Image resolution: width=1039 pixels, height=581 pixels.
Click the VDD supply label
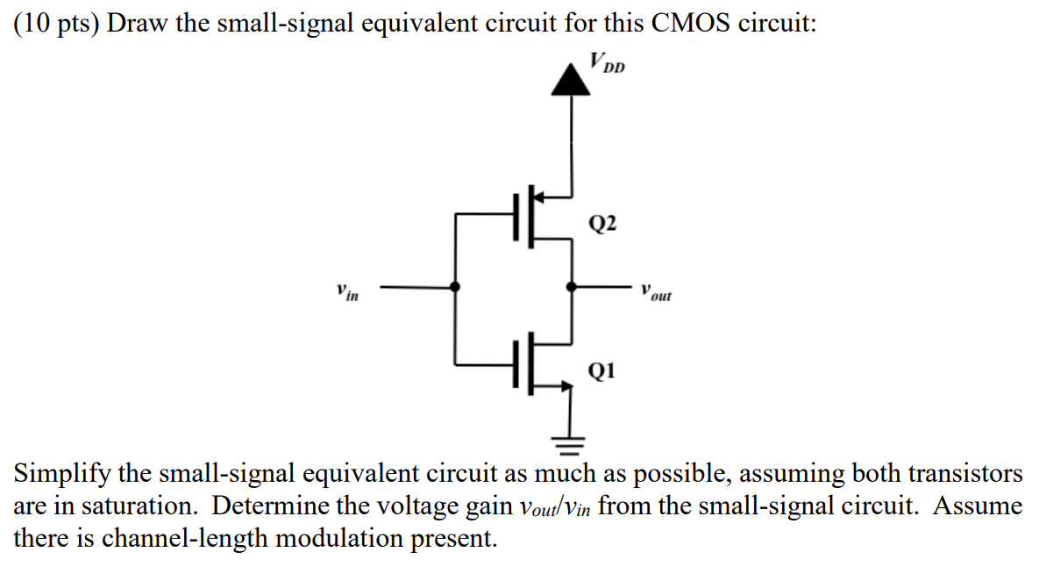(608, 63)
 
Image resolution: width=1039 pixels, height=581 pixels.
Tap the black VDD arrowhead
(573, 80)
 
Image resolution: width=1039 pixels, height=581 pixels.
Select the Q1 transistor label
(602, 371)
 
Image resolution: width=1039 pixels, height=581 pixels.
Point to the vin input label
(347, 290)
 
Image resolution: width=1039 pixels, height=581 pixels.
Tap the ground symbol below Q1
(572, 444)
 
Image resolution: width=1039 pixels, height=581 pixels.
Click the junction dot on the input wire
(455, 286)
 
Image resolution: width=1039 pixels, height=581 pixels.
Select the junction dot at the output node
(572, 286)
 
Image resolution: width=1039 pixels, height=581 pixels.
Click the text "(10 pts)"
(55, 23)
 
